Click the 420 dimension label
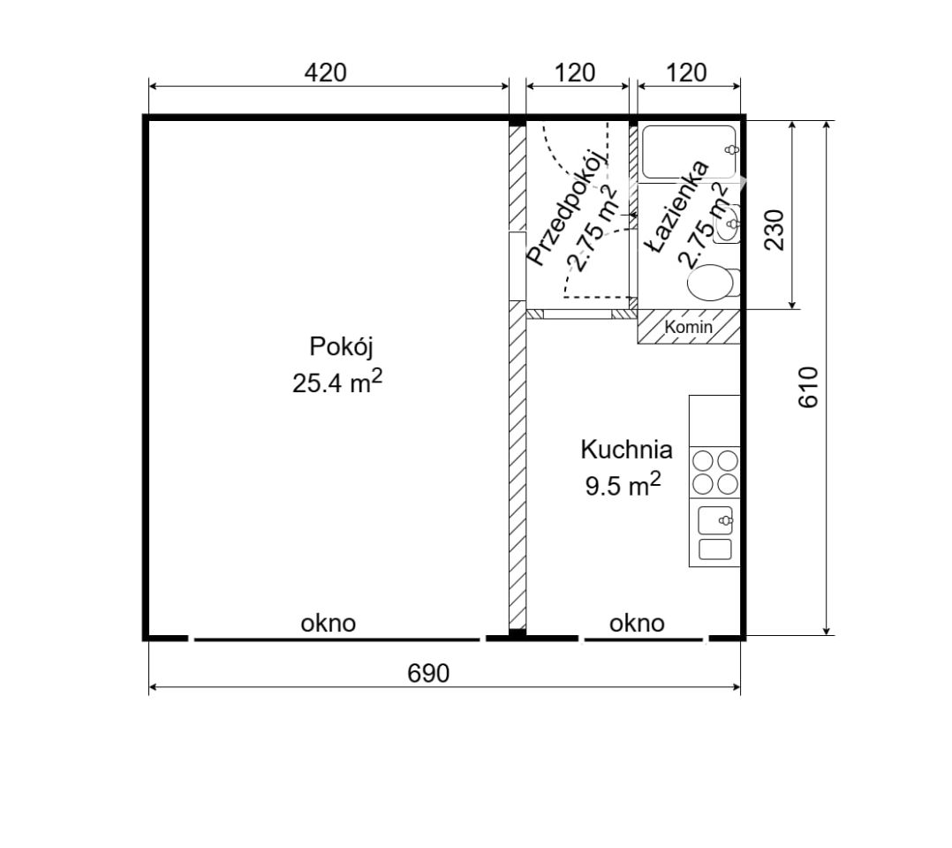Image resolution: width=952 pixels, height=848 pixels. pos(325,73)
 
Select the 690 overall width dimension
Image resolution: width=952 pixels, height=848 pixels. pos(428,673)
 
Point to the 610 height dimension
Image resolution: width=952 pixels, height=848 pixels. pos(809,388)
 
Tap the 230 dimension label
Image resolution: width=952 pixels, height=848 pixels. pos(774,231)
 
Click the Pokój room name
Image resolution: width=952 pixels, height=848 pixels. pos(341,347)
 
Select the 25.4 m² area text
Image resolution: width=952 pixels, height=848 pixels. pos(337,382)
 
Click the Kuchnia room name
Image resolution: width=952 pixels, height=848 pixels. pos(626,450)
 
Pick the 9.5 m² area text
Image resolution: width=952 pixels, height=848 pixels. pos(623,485)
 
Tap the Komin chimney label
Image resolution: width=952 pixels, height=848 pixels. pos(689,327)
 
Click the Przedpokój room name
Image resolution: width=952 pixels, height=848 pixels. pos(566,207)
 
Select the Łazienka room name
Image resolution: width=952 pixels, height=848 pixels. pos(677,207)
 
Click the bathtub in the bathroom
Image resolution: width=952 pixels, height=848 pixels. pos(690,152)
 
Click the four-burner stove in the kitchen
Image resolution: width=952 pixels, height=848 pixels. pos(714,473)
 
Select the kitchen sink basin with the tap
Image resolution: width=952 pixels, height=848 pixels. pos(715,521)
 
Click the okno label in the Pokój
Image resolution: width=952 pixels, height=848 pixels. pos(328,624)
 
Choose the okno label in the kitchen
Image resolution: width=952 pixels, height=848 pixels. pos(637,624)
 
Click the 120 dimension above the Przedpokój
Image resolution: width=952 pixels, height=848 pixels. pos(575,73)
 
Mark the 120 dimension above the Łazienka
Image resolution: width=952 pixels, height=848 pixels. pos(687,73)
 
